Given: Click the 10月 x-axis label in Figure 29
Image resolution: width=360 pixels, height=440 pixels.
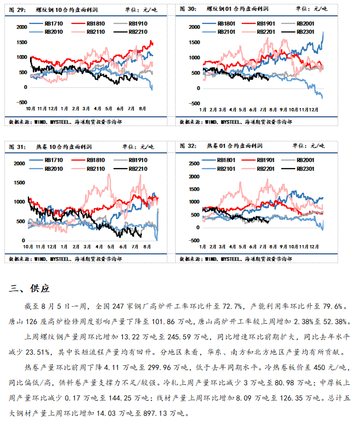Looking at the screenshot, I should [31, 109].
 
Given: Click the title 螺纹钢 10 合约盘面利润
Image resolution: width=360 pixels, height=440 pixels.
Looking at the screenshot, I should [59, 9].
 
